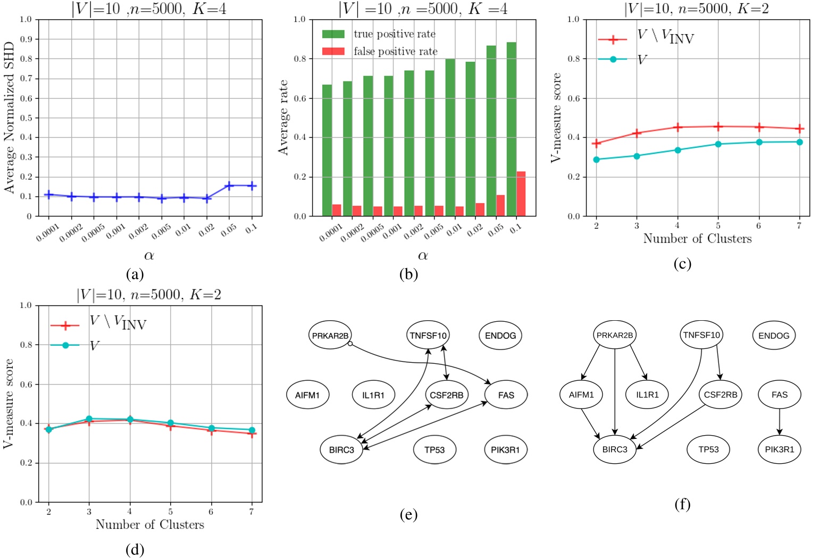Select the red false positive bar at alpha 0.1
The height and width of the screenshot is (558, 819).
tap(521, 194)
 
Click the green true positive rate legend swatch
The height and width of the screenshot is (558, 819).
tap(333, 34)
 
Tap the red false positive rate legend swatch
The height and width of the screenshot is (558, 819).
tap(333, 52)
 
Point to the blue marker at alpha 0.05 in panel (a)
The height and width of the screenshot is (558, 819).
tap(229, 186)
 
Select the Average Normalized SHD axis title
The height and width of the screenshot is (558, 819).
tap(10, 117)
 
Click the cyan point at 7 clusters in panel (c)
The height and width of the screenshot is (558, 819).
tap(799, 142)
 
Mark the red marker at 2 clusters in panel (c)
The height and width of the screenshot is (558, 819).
tap(596, 143)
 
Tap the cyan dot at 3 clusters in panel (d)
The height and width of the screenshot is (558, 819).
tap(89, 419)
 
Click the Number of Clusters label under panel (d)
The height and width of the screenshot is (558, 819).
tap(149, 524)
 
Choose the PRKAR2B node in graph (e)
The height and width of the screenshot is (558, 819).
tap(330, 335)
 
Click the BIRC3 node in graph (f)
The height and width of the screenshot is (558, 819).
tap(615, 449)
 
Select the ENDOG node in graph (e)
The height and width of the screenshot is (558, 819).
tap(500, 335)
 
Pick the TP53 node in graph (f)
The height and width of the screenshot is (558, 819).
tap(708, 449)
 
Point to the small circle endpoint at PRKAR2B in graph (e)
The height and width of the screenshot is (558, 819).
tap(349, 344)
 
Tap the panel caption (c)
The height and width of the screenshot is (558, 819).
tap(682, 264)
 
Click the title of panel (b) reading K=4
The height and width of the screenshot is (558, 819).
tap(423, 9)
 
